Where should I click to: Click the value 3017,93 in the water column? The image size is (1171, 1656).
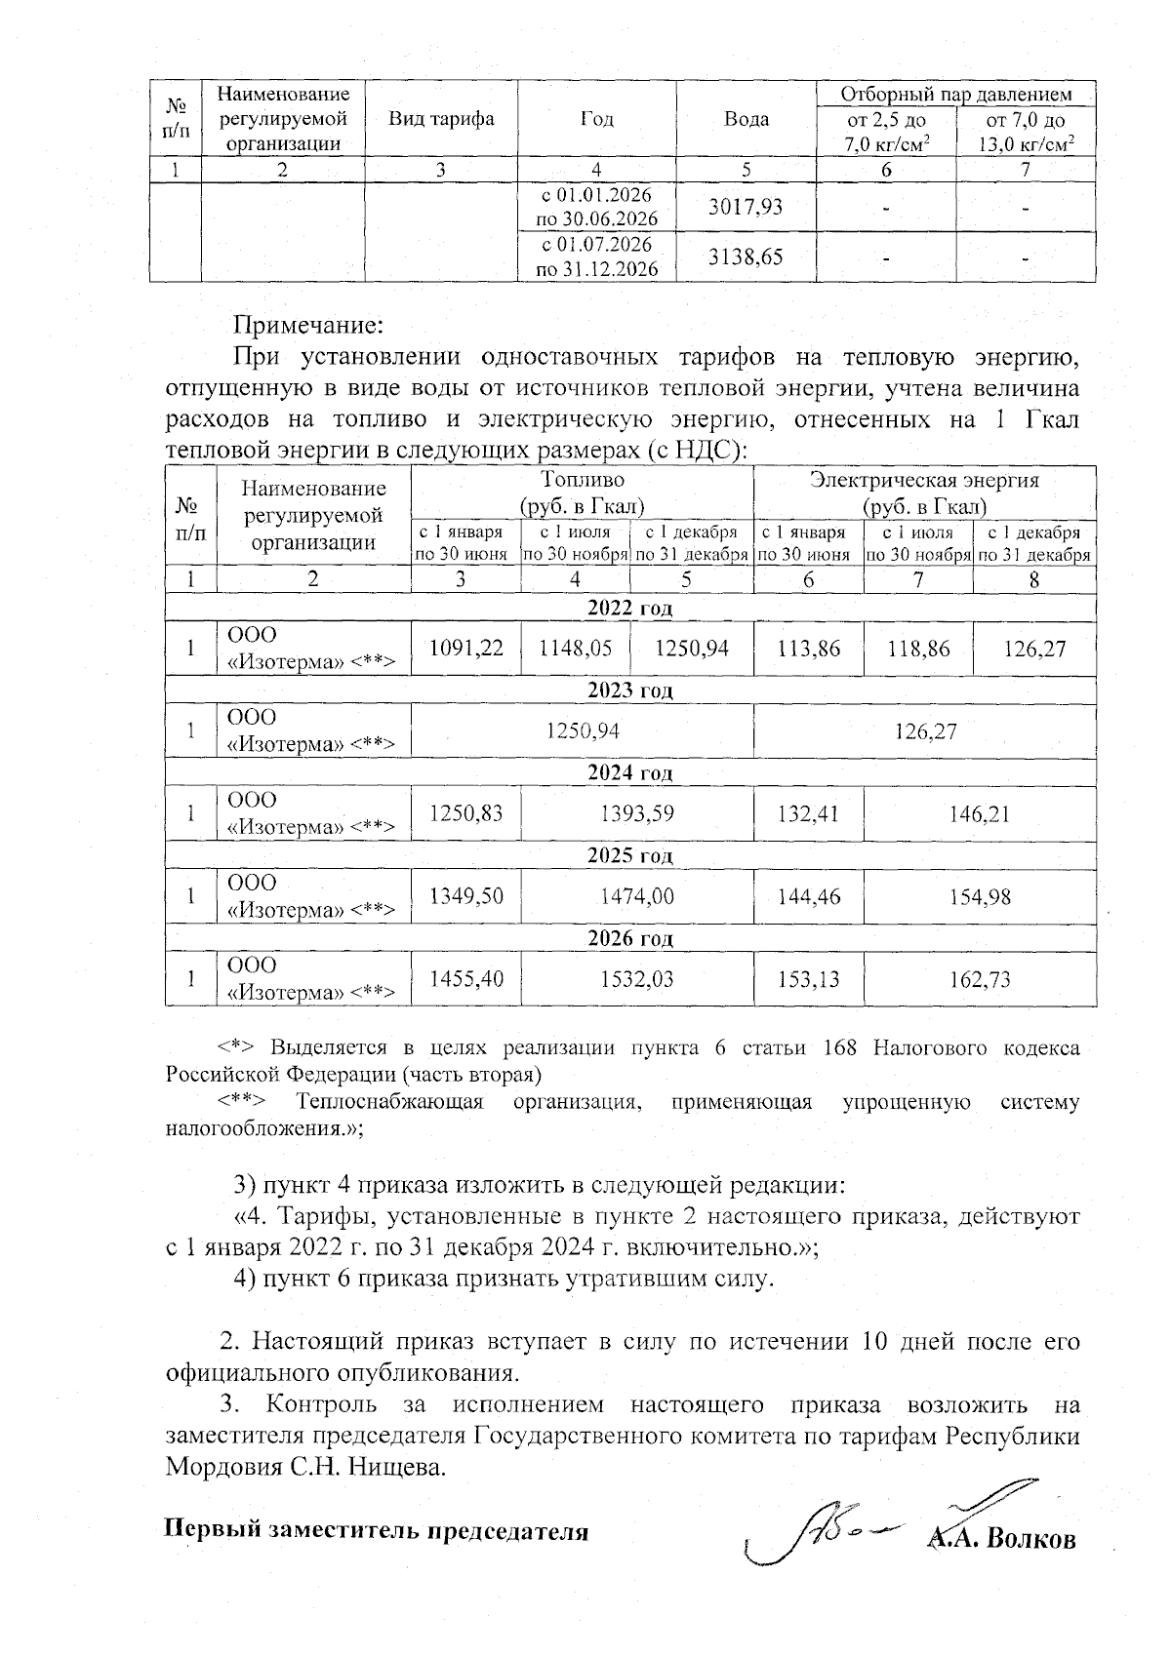(x=745, y=207)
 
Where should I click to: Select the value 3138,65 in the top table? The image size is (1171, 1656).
(x=745, y=256)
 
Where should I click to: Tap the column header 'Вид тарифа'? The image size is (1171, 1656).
(x=441, y=119)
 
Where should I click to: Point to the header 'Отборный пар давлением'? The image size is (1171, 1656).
(x=956, y=94)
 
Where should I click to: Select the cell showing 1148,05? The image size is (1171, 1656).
(x=576, y=648)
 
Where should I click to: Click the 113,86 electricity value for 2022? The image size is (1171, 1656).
(x=809, y=648)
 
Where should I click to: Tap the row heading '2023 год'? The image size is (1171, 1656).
(x=629, y=690)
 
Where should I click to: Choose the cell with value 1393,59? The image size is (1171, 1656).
(x=637, y=812)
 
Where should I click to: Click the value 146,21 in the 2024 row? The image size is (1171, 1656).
(x=980, y=812)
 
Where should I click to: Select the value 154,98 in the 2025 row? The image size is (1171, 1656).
(x=980, y=895)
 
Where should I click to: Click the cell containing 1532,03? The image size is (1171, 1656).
(x=637, y=978)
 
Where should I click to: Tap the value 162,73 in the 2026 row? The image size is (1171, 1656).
(x=980, y=978)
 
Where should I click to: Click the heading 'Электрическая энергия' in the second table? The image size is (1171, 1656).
(x=924, y=481)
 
